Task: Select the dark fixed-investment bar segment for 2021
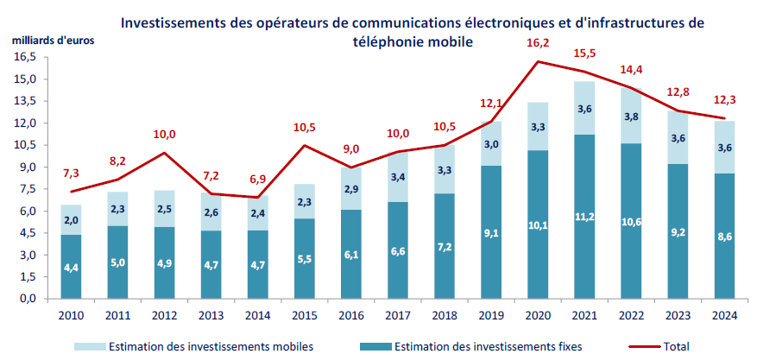pyautogui.click(x=585, y=216)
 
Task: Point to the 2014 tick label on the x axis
pyautogui.click(x=258, y=315)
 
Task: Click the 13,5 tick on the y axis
pyautogui.click(x=23, y=101)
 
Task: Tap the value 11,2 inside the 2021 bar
pyautogui.click(x=585, y=216)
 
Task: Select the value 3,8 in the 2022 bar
pyautogui.click(x=631, y=117)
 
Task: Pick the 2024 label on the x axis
pyautogui.click(x=724, y=315)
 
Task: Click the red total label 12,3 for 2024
pyautogui.click(x=724, y=99)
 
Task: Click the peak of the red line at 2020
pyautogui.click(x=539, y=61)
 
